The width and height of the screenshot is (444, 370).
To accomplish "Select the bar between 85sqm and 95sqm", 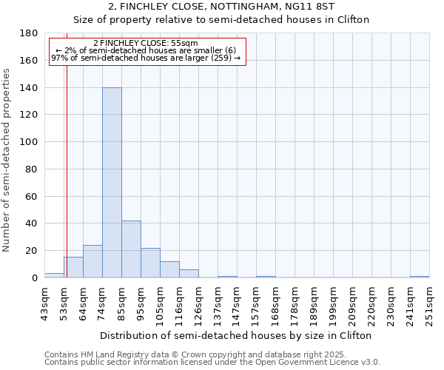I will [131, 249].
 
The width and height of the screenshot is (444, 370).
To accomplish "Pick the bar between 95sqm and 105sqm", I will [150, 263].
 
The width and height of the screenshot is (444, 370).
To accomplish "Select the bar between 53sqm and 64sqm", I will [73, 267].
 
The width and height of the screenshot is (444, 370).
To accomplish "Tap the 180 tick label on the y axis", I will [29, 33].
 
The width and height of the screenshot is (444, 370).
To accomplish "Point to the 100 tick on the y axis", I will [29, 142].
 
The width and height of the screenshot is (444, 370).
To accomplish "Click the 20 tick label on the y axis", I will [32, 251].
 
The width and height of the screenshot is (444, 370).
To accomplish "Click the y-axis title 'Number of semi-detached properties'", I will [7, 160].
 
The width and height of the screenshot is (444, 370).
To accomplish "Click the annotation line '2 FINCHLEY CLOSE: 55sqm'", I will [146, 43].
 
